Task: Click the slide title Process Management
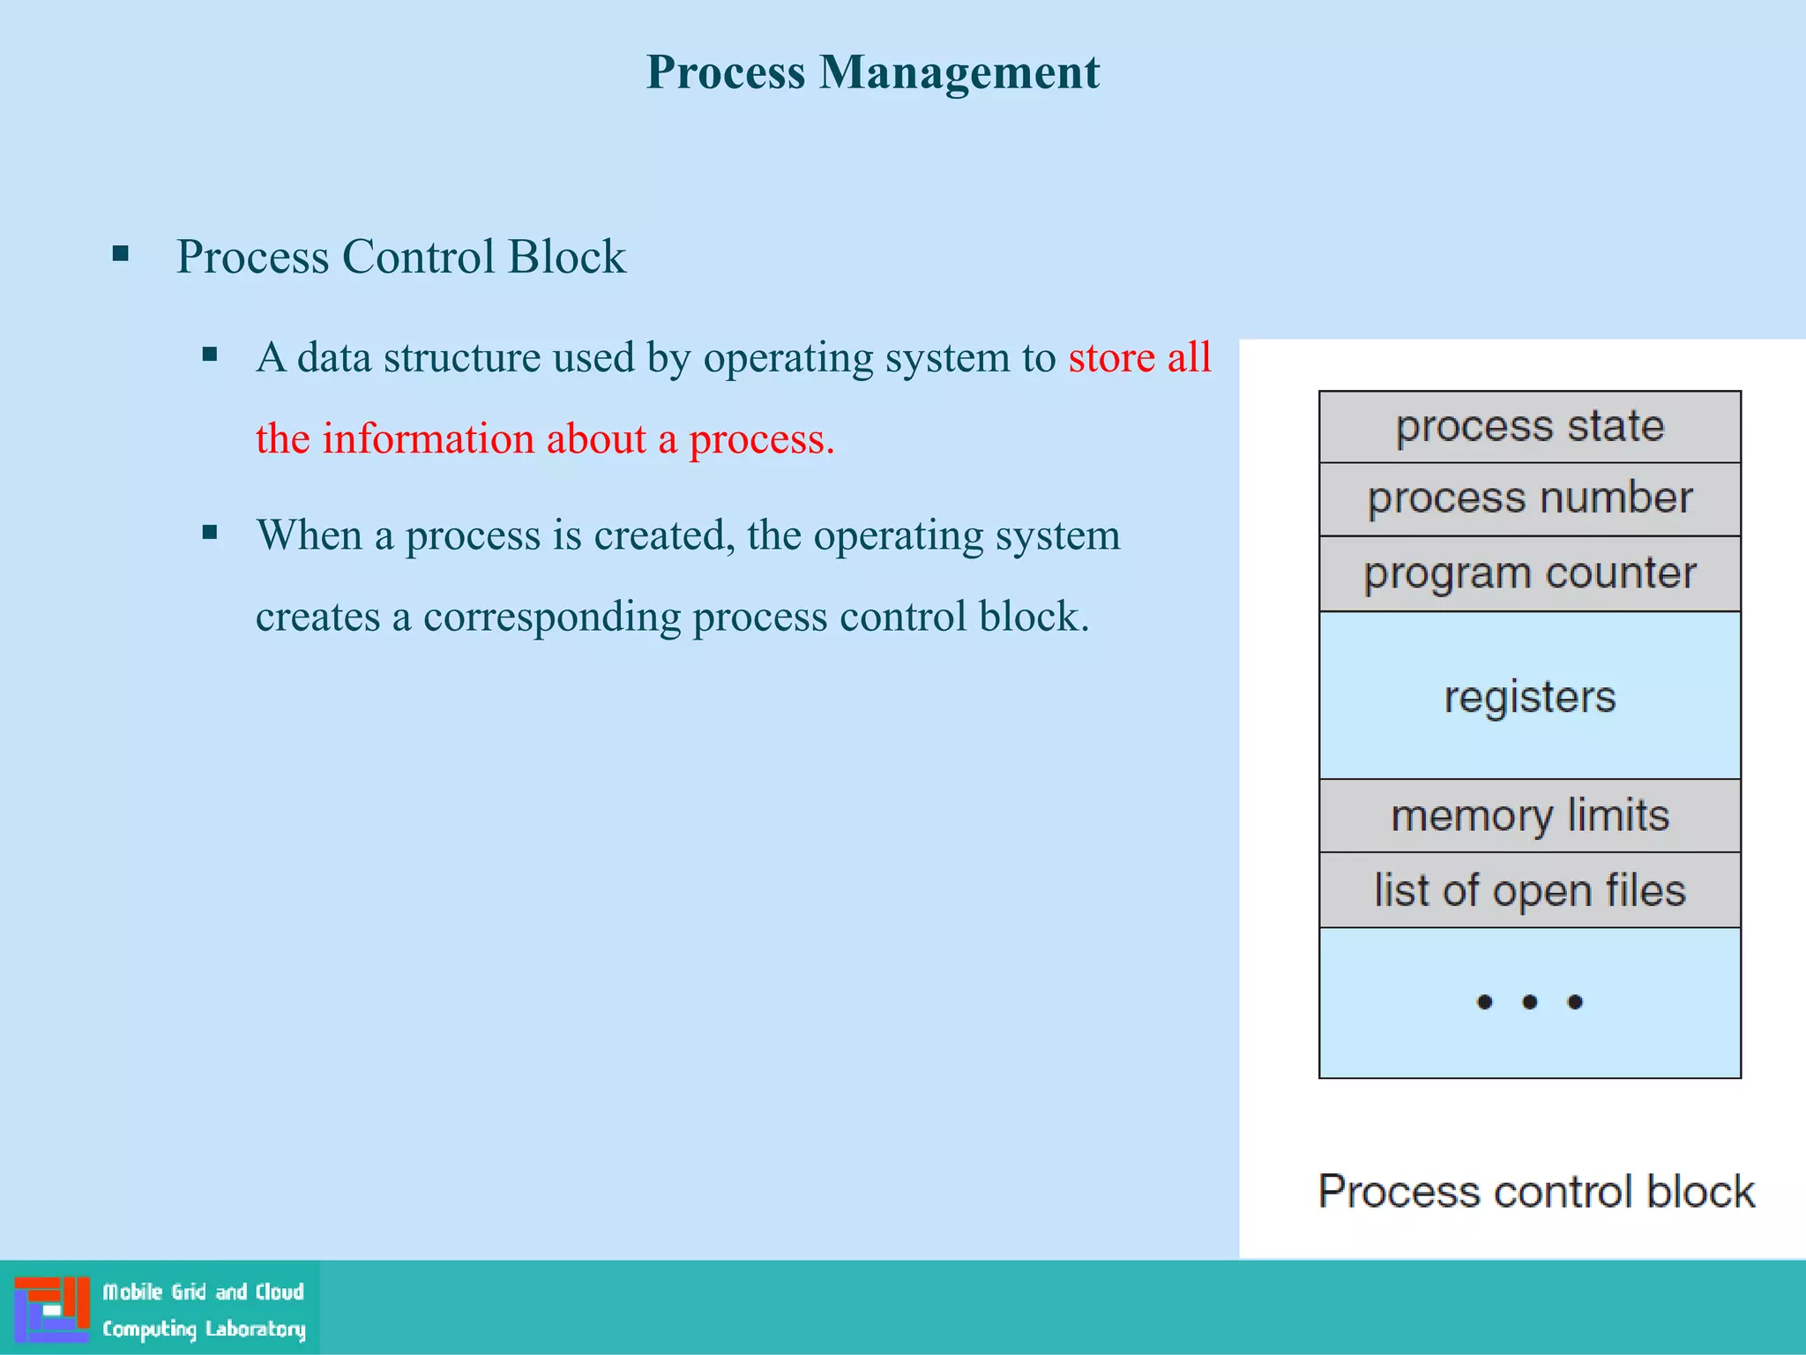pyautogui.click(x=872, y=72)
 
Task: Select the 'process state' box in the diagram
pyautogui.click(x=1529, y=427)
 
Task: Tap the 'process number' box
pyautogui.click(x=1529, y=499)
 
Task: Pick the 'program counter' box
pyautogui.click(x=1529, y=574)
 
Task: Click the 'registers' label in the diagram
pyautogui.click(x=1529, y=697)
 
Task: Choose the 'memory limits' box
pyautogui.click(x=1529, y=816)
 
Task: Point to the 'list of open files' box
pyautogui.click(x=1529, y=890)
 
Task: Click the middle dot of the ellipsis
pyautogui.click(x=1529, y=1002)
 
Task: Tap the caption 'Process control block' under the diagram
pyautogui.click(x=1536, y=1192)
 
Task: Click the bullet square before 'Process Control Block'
pyautogui.click(x=121, y=256)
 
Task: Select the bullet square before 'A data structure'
pyautogui.click(x=210, y=356)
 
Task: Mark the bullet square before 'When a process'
pyautogui.click(x=210, y=532)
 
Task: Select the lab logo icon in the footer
pyautogui.click(x=51, y=1309)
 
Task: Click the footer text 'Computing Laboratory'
pyautogui.click(x=204, y=1329)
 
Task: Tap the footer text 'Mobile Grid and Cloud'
pyautogui.click(x=204, y=1292)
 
